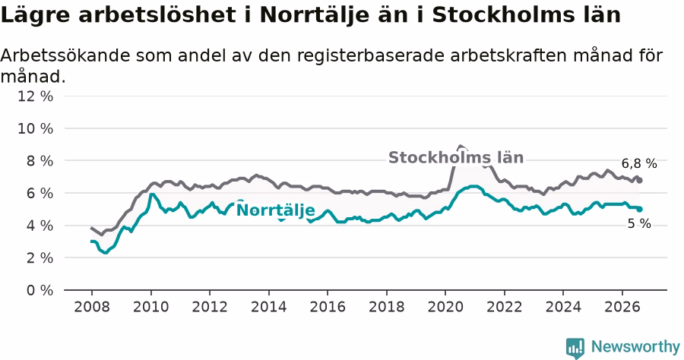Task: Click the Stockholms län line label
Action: (x=456, y=157)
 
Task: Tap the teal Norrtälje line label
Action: (x=275, y=210)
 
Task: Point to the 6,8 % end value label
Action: (x=639, y=163)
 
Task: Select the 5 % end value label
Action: (x=639, y=223)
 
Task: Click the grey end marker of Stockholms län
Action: (x=639, y=181)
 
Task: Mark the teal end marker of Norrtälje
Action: (x=639, y=209)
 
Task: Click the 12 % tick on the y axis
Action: (x=35, y=96)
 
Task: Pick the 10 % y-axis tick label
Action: (x=35, y=128)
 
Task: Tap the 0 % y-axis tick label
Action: (x=40, y=290)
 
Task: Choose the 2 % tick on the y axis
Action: (x=40, y=257)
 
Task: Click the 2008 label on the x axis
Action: (x=92, y=307)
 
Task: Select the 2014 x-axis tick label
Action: (x=269, y=307)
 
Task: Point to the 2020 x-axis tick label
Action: (x=445, y=307)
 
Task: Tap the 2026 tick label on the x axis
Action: (x=622, y=307)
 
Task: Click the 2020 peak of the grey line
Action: (x=461, y=146)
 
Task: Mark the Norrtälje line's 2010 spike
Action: (x=151, y=194)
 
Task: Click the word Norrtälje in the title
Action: (x=321, y=16)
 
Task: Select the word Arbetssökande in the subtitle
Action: (x=65, y=55)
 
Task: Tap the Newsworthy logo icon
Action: (x=575, y=349)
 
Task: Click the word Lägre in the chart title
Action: (x=35, y=16)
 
